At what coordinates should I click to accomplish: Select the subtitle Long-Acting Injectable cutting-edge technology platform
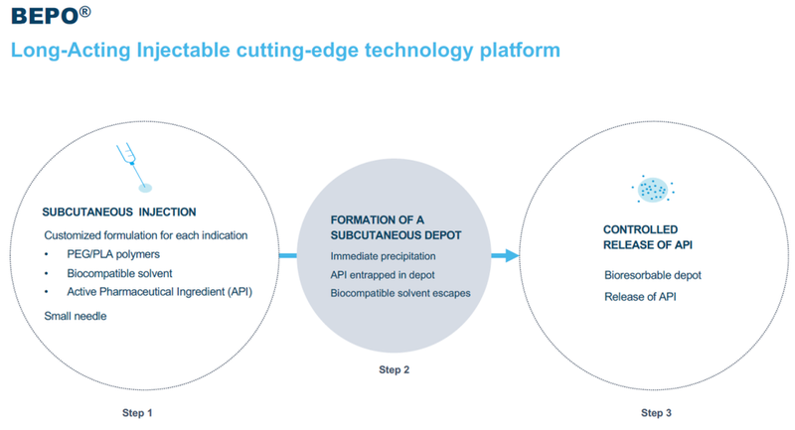[x=284, y=49]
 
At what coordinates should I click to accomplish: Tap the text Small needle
[x=76, y=315]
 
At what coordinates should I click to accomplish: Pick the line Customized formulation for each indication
[x=146, y=235]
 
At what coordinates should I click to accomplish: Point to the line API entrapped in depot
[x=381, y=274]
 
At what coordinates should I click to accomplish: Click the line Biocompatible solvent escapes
[x=399, y=293]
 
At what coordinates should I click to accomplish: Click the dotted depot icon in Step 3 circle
[x=651, y=188]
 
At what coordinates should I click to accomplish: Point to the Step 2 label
[x=396, y=370]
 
